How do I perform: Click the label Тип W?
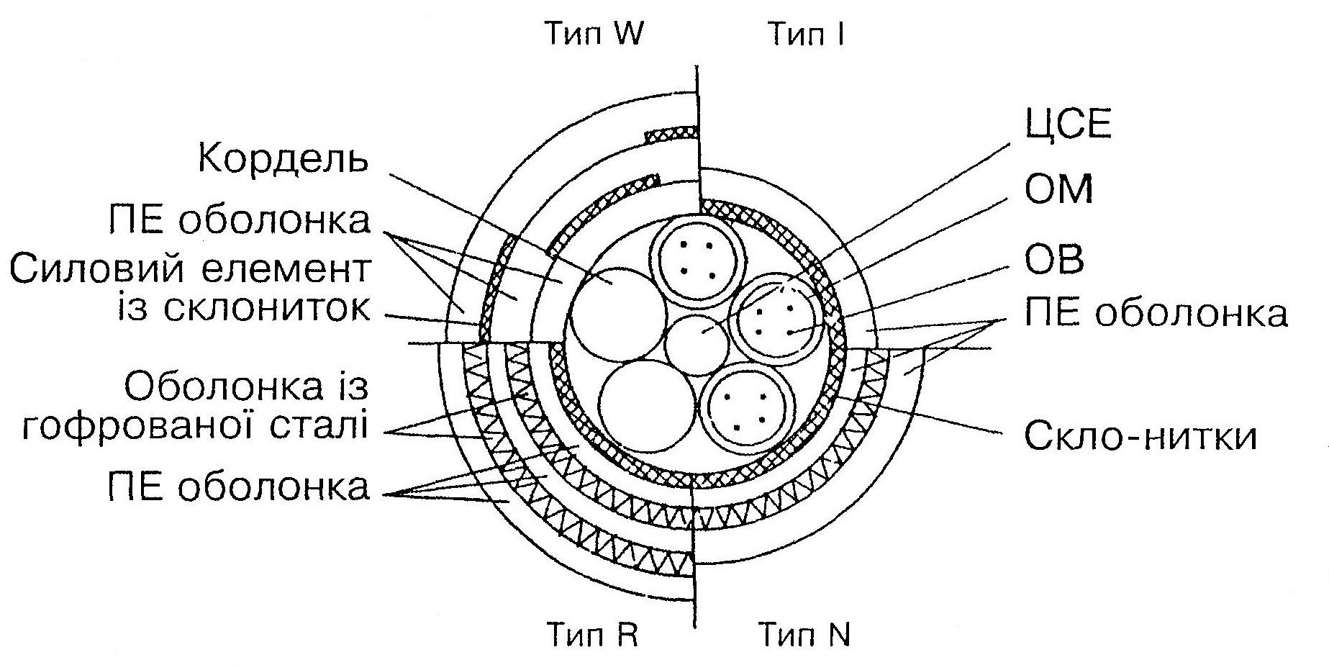tap(592, 35)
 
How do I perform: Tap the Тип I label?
tap(806, 35)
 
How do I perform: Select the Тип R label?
tap(592, 635)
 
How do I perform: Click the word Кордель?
tap(283, 160)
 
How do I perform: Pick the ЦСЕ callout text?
tap(1069, 125)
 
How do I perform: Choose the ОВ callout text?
tap(1054, 259)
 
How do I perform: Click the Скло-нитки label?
tap(1140, 435)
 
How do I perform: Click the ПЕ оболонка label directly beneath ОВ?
tap(1156, 315)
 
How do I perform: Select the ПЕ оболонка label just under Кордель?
tap(239, 220)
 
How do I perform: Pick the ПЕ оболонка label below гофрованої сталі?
tap(239, 487)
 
